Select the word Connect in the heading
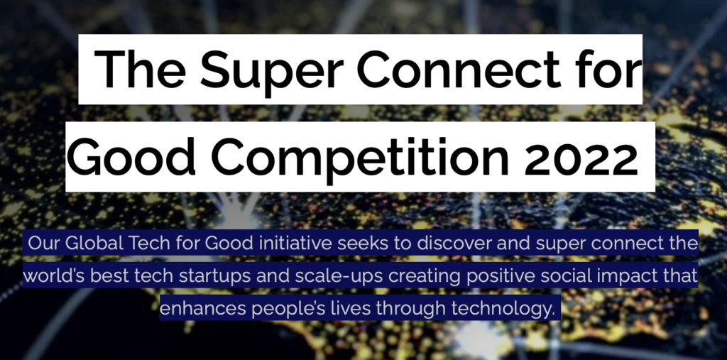[x=459, y=69]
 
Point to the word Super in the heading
[x=272, y=72]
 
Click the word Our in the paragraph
[x=44, y=243]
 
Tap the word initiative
[x=295, y=243]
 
